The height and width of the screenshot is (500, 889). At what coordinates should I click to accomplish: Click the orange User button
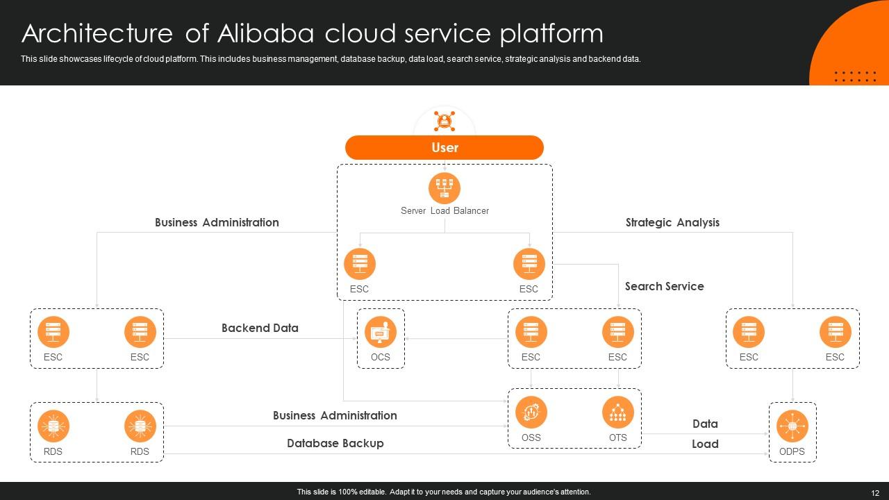[x=444, y=147]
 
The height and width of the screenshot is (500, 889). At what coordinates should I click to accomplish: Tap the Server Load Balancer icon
[x=444, y=188]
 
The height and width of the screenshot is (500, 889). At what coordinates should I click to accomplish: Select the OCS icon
[x=381, y=331]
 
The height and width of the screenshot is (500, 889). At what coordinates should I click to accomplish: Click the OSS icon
[x=531, y=412]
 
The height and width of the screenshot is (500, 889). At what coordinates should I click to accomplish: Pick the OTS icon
[x=617, y=412]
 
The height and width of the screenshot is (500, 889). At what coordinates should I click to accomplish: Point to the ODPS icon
[x=792, y=426]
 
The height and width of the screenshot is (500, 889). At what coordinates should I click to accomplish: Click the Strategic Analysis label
[x=672, y=222]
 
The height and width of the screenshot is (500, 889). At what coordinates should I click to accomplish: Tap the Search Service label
[x=664, y=286]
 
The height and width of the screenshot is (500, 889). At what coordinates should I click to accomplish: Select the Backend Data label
[x=260, y=328]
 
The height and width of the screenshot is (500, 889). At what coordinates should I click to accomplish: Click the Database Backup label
[x=335, y=443]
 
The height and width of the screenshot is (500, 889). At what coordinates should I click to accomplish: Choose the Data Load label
[x=705, y=433]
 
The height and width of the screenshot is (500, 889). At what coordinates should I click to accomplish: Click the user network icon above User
[x=444, y=121]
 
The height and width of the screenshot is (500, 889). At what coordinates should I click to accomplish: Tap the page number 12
[x=874, y=492]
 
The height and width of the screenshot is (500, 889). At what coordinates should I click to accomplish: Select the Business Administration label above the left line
[x=217, y=222]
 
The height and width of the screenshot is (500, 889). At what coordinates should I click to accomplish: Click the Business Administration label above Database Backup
[x=335, y=415]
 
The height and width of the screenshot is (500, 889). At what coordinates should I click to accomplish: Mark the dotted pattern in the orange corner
[x=855, y=76]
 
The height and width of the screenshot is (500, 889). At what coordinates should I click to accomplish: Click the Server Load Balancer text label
[x=444, y=210]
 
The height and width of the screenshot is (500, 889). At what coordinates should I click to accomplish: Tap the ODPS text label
[x=792, y=451]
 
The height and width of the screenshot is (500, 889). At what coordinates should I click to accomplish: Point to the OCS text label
[x=381, y=357]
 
